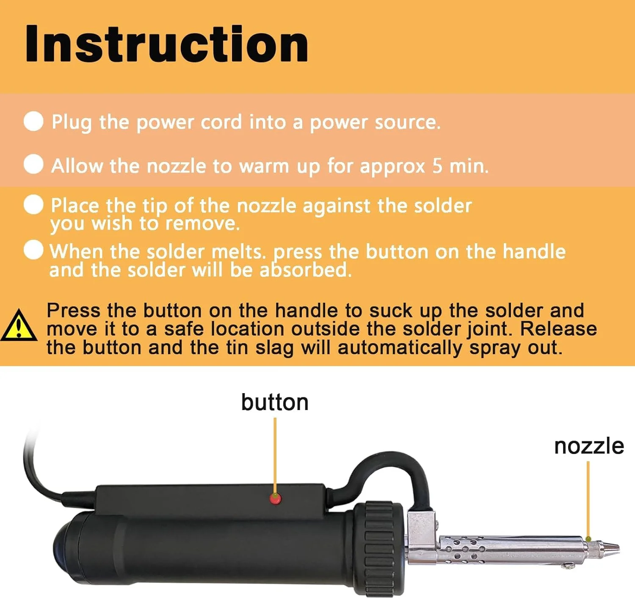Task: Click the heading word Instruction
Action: click(x=167, y=44)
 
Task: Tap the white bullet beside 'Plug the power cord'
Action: click(x=33, y=121)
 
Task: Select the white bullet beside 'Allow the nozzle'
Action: click(x=33, y=164)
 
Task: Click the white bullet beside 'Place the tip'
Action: click(x=33, y=204)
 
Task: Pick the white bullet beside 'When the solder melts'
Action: click(x=33, y=250)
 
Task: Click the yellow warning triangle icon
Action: click(x=19, y=325)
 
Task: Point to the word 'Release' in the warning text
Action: click(x=558, y=329)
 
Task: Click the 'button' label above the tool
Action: click(x=275, y=402)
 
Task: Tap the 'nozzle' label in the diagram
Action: click(x=589, y=446)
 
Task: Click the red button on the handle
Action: click(x=275, y=499)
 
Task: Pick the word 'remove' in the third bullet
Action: click(x=202, y=223)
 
